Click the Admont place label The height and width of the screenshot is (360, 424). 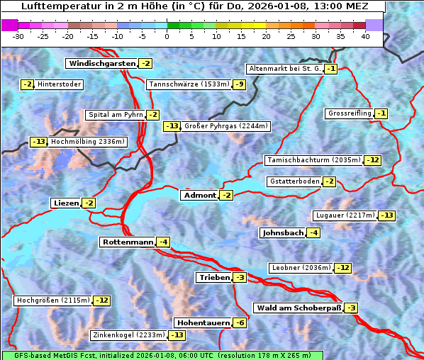[199, 195]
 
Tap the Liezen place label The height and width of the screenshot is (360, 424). [66, 203]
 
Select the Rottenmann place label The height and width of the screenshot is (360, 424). [128, 242]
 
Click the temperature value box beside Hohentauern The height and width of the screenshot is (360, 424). [240, 322]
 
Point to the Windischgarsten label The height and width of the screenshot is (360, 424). [101, 64]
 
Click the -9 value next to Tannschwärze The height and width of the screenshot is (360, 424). [240, 84]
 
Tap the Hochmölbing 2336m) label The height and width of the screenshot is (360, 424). [87, 142]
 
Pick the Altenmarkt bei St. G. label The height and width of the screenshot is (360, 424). [284, 69]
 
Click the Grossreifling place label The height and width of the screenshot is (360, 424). [350, 113]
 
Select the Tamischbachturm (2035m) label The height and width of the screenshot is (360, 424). [313, 160]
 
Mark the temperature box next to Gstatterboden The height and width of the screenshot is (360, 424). [329, 181]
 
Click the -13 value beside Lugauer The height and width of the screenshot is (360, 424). [387, 215]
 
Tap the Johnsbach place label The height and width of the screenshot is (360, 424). [283, 232]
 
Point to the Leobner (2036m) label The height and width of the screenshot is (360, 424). [301, 268]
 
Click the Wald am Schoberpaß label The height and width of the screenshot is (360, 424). [298, 308]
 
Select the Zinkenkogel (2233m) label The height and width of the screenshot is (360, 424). [128, 335]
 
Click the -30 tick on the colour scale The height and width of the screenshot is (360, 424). [18, 36]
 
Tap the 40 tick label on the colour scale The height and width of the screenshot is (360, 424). [365, 36]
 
